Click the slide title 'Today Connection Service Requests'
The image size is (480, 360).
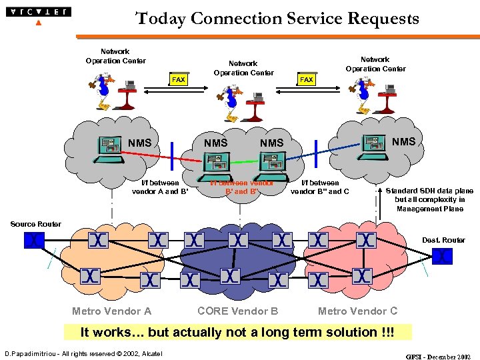[x=277, y=18]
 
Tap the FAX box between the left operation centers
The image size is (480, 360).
[x=178, y=80]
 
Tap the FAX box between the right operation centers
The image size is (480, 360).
[x=306, y=80]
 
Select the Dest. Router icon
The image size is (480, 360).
[x=441, y=255]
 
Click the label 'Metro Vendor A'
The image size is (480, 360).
[x=111, y=311]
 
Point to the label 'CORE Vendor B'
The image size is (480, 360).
[x=237, y=311]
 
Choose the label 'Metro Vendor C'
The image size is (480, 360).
[x=357, y=311]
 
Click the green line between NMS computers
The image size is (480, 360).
[x=244, y=161]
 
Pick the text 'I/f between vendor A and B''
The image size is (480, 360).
[x=160, y=187]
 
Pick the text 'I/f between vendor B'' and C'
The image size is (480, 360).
[x=320, y=187]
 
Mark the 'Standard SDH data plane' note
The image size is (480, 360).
[x=429, y=199]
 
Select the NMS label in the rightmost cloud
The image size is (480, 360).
[x=403, y=141]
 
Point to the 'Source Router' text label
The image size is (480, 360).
[x=35, y=224]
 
